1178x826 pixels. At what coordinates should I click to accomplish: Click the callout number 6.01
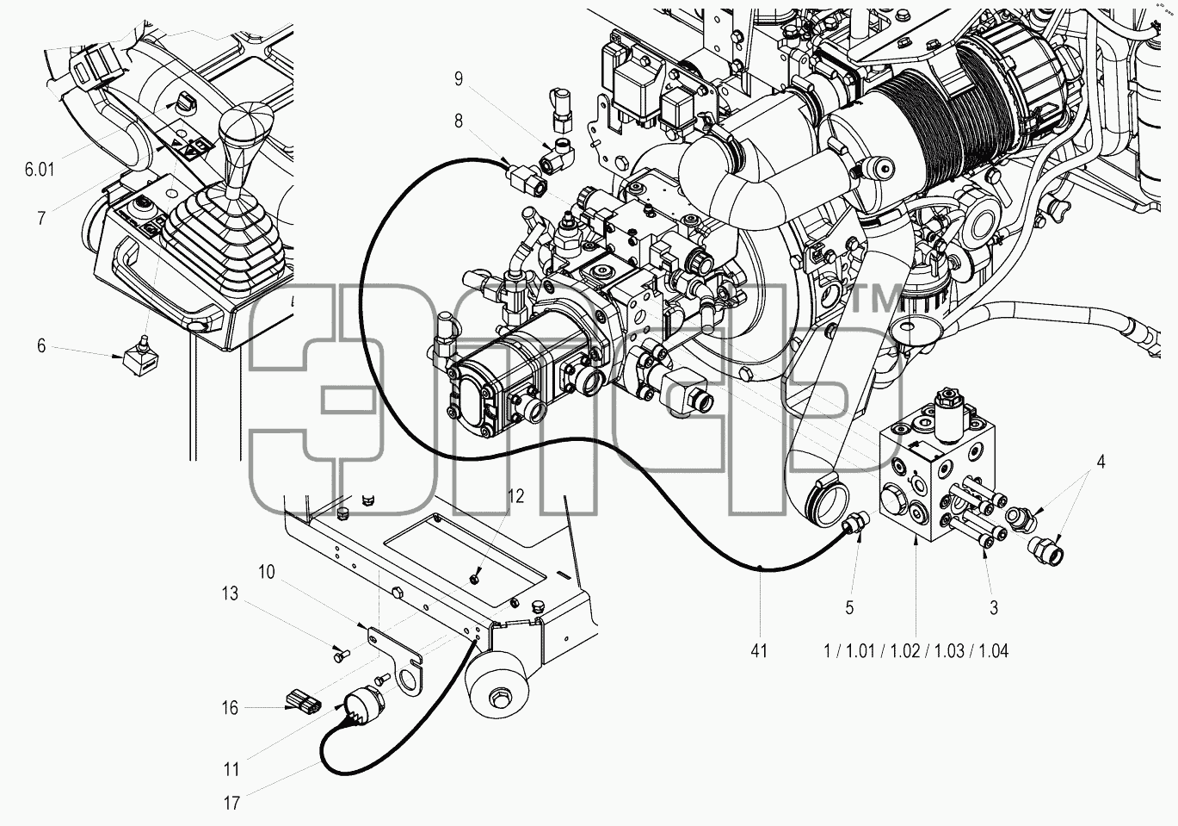pyautogui.click(x=40, y=170)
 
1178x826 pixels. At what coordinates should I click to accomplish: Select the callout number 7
pyautogui.click(x=41, y=217)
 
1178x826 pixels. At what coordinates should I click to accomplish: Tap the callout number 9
pyautogui.click(x=459, y=79)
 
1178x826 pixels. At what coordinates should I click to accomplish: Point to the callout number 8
pyautogui.click(x=459, y=121)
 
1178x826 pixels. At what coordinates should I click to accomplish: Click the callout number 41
pyautogui.click(x=759, y=651)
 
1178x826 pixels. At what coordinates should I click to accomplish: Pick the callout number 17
pyautogui.click(x=231, y=804)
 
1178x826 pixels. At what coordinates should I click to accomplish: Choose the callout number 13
pyautogui.click(x=230, y=593)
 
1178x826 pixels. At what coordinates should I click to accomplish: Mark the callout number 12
pyautogui.click(x=516, y=496)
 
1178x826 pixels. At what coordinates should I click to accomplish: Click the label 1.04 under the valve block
pyautogui.click(x=994, y=651)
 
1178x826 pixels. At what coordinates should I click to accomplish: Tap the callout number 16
pyautogui.click(x=230, y=708)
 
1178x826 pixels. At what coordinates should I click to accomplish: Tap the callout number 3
pyautogui.click(x=993, y=608)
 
